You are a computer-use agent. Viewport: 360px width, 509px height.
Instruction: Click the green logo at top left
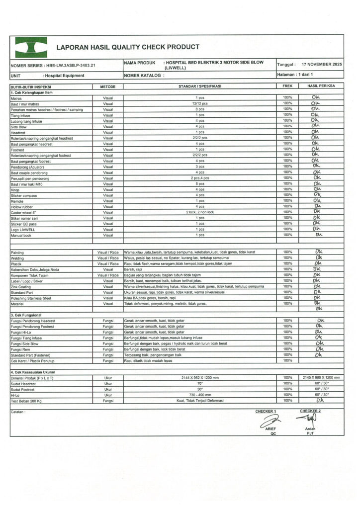[x=31, y=47]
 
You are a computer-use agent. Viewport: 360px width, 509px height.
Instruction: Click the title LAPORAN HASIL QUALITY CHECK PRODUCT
[x=128, y=47]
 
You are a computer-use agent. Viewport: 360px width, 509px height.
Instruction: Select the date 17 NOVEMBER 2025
[x=322, y=65]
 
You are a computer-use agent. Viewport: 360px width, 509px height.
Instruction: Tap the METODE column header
[x=108, y=86]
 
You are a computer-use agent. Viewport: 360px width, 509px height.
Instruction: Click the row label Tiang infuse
[x=20, y=115]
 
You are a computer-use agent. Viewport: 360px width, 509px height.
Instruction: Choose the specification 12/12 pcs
[x=200, y=104]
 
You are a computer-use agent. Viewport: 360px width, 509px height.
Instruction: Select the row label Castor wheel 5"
[x=23, y=212]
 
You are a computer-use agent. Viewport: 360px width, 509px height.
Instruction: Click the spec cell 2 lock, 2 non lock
[x=200, y=212]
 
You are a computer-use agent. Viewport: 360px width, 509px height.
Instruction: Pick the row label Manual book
[x=21, y=235]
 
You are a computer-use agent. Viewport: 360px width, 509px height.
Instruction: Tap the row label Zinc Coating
[x=21, y=287]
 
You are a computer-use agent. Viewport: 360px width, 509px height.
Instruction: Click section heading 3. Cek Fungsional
[x=26, y=315]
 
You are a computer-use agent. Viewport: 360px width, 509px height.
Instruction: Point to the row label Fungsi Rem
[x=21, y=349]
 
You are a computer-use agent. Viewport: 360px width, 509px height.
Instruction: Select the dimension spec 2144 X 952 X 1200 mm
[x=200, y=378]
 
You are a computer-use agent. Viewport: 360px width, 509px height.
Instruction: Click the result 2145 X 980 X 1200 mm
[x=321, y=378]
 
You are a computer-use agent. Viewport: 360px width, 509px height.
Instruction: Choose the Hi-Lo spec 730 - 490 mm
[x=200, y=395]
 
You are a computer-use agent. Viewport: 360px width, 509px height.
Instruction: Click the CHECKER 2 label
[x=310, y=411]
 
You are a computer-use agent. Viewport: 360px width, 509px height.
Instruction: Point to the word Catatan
[x=18, y=412]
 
